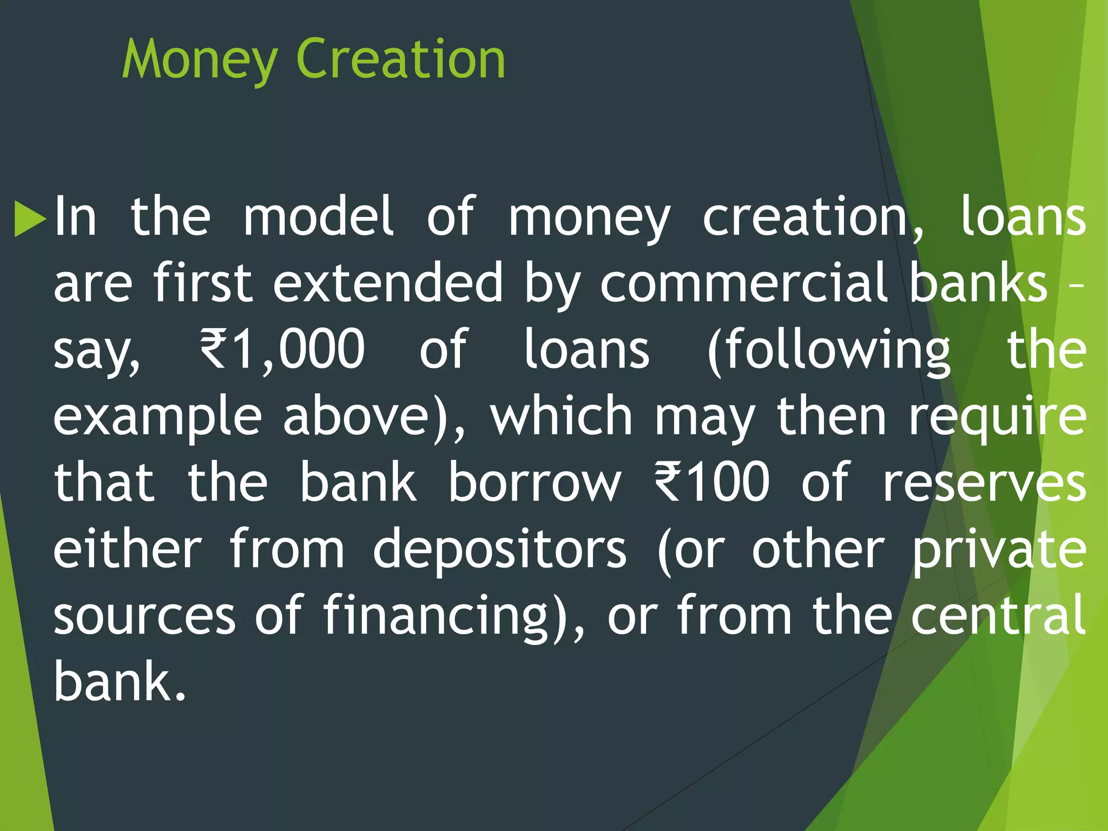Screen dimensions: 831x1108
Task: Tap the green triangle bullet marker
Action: coord(30,219)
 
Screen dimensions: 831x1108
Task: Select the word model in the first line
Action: coord(319,217)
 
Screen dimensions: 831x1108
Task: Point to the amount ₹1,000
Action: coord(282,349)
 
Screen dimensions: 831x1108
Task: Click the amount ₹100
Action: coord(712,482)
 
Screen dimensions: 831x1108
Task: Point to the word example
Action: coord(157,418)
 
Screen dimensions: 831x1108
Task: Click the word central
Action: coord(998,615)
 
